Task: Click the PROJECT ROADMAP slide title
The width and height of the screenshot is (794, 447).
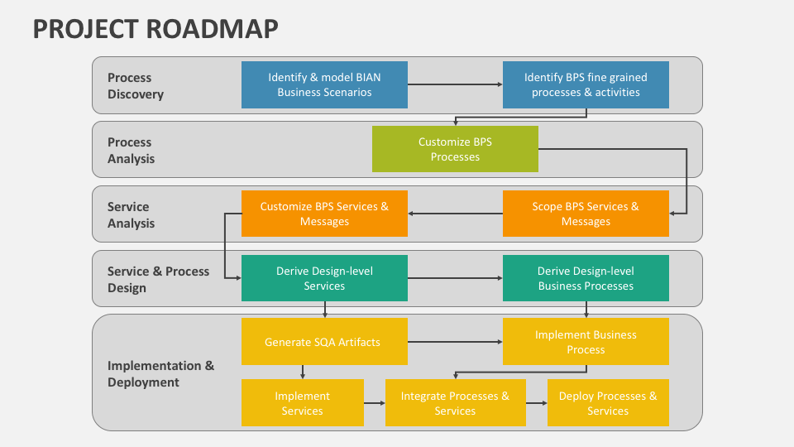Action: point(155,28)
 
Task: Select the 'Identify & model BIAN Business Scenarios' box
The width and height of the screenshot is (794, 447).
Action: point(324,84)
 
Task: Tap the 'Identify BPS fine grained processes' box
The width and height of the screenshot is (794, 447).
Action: point(586,84)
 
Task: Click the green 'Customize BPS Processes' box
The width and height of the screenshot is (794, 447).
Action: point(455,149)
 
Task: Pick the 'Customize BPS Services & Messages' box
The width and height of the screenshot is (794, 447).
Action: point(324,214)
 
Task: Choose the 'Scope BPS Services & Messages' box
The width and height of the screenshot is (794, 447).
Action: point(586,214)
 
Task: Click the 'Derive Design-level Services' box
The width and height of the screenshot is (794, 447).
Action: point(324,278)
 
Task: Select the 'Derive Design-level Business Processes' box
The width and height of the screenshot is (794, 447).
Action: point(586,278)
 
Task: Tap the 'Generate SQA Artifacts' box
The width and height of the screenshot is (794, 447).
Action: point(324,342)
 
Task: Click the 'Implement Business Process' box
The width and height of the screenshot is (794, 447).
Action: point(586,342)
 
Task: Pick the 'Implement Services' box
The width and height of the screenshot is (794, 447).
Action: point(303,403)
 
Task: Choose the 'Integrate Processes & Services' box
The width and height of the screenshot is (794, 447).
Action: point(455,403)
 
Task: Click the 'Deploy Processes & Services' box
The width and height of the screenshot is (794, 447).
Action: point(608,403)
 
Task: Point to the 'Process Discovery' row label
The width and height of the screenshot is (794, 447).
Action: point(136,86)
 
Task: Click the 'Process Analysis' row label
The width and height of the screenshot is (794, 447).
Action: point(131,151)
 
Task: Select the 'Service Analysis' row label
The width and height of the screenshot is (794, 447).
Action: point(131,215)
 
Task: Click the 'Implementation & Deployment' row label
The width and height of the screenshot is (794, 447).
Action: point(160,374)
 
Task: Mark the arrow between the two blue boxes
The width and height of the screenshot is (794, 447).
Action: point(455,84)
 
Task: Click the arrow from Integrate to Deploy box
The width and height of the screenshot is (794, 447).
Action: point(536,403)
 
